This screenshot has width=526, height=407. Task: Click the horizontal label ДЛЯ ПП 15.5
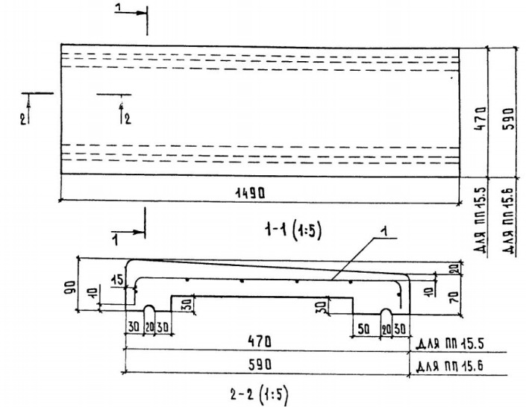click(445, 344)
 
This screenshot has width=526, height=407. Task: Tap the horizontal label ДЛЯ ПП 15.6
click(446, 365)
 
